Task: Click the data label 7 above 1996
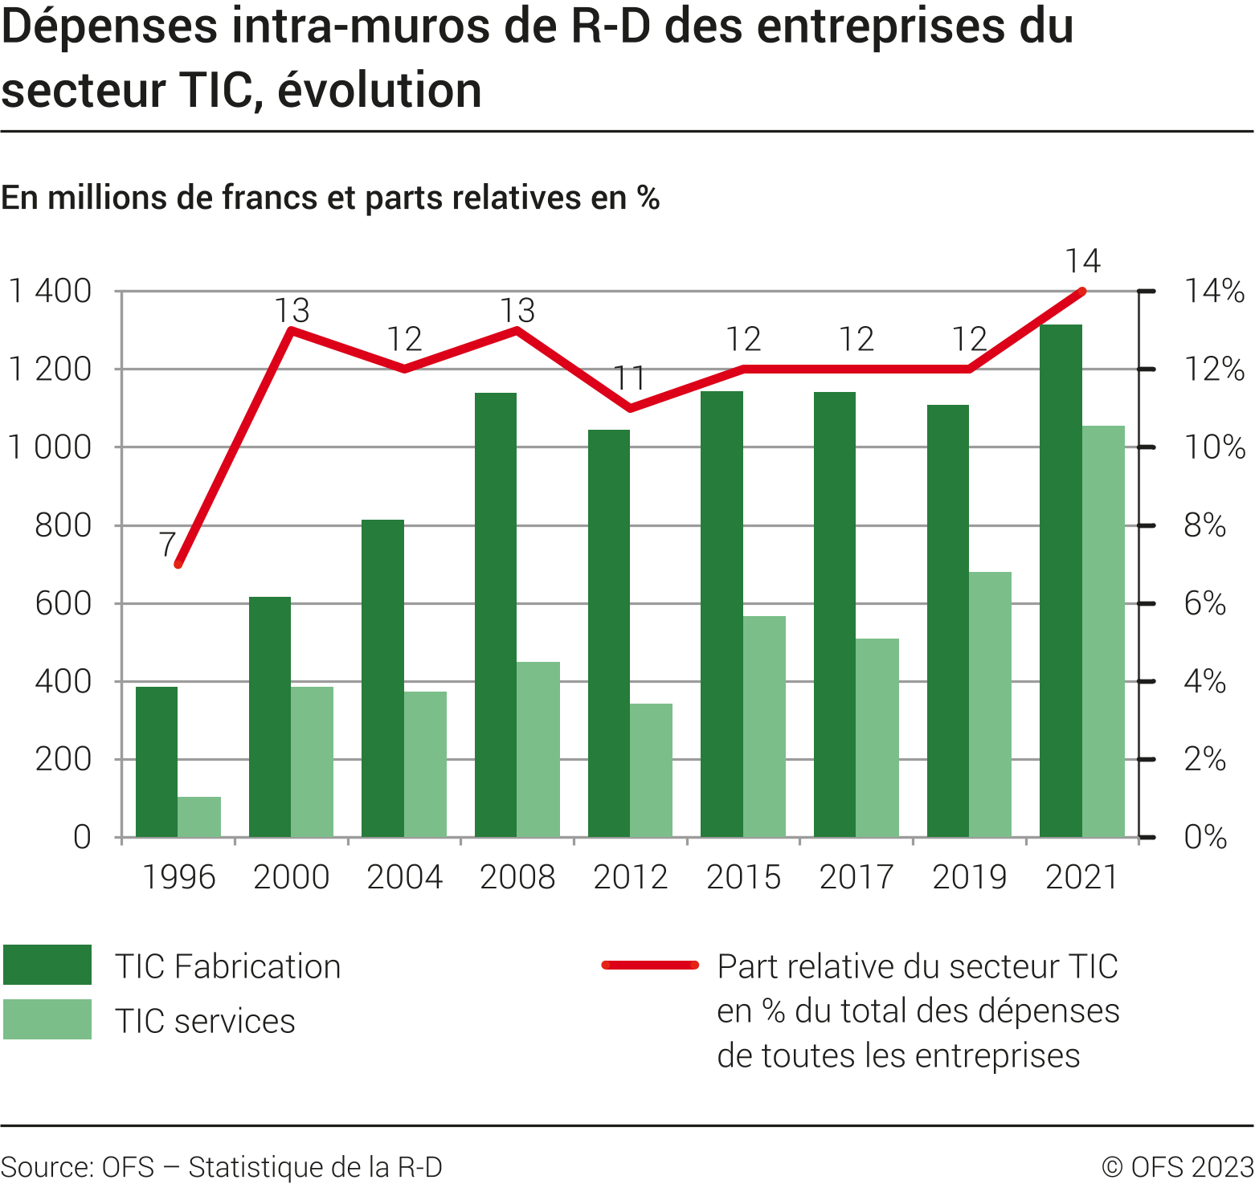[167, 545]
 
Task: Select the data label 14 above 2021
[1082, 261]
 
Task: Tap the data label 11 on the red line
[630, 378]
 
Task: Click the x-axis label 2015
[743, 877]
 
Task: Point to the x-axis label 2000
[291, 877]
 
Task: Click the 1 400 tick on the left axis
[50, 291]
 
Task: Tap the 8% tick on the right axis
[1204, 525]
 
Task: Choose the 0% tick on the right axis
[1204, 837]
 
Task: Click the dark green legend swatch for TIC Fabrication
[47, 965]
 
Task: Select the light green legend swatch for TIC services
[47, 1019]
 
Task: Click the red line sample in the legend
[650, 965]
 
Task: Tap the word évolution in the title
[380, 90]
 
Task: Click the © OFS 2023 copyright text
[1177, 1166]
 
